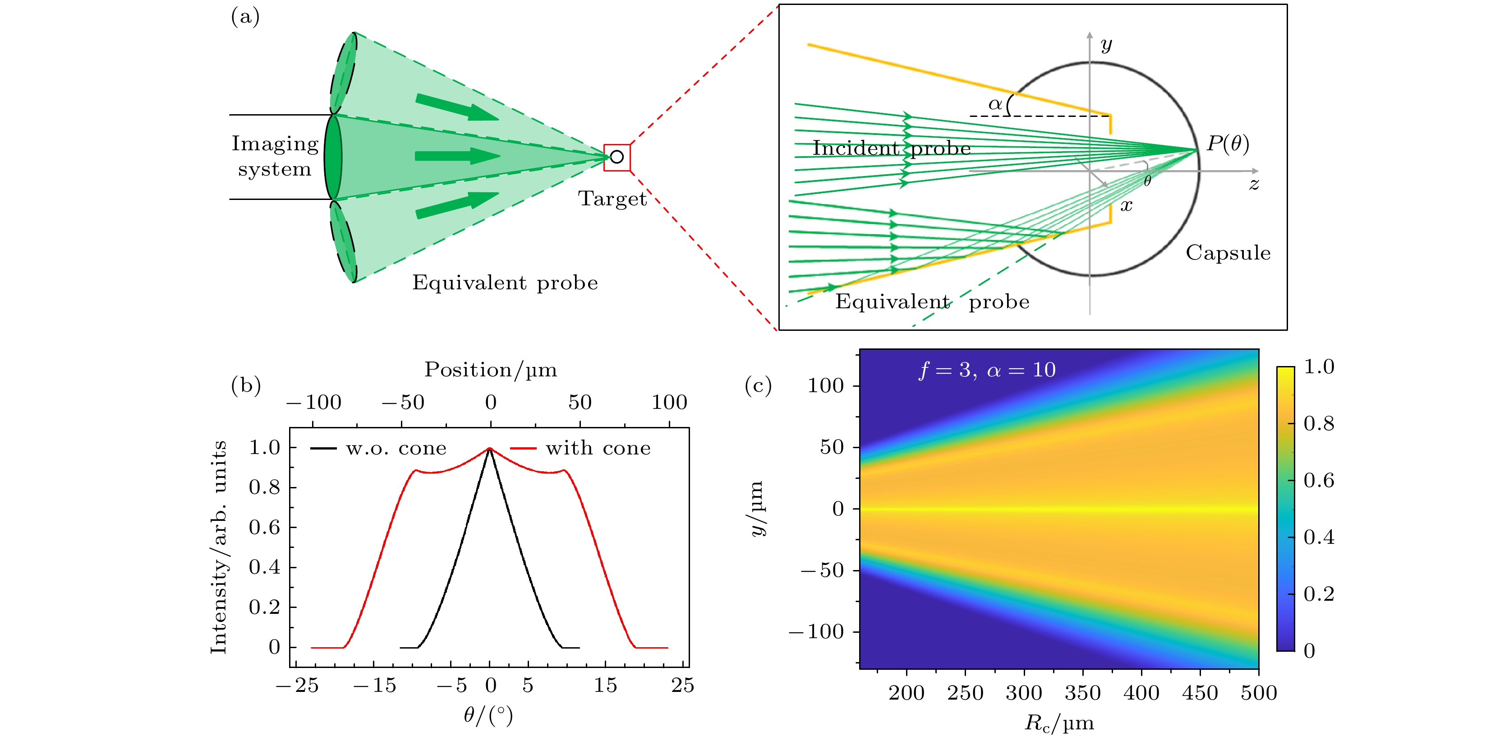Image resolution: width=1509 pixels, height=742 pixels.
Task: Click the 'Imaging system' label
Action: tap(275, 156)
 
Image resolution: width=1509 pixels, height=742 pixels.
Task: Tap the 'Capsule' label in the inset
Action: tap(1228, 253)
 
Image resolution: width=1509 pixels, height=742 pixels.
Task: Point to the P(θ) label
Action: tap(1228, 144)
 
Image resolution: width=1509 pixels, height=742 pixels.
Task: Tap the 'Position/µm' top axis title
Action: tap(490, 370)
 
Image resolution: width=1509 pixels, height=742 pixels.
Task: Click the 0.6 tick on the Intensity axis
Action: tap(264, 528)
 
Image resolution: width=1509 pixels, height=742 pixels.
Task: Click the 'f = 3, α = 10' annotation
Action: tap(987, 370)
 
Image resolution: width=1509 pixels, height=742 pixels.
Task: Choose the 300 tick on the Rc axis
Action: tap(1023, 693)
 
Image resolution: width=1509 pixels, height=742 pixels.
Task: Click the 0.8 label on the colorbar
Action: tap(1319, 423)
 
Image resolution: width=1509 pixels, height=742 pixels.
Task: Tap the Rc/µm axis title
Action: tap(1058, 723)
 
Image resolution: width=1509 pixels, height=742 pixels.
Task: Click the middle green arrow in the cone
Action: tap(457, 156)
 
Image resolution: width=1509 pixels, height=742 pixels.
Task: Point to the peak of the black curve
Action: tap(490, 450)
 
